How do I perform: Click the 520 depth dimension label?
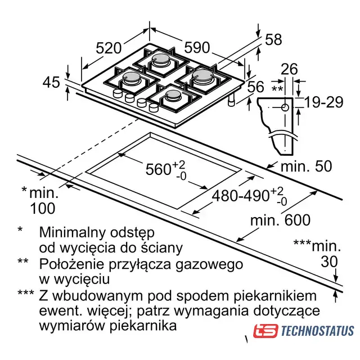click(x=108, y=48)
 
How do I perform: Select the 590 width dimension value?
click(x=197, y=47)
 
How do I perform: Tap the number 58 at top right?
click(x=273, y=39)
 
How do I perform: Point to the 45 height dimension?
click(x=51, y=82)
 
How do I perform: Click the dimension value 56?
click(x=256, y=87)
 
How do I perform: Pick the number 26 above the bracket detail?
click(x=289, y=69)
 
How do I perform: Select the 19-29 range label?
click(x=324, y=102)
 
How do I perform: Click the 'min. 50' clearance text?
click(x=306, y=166)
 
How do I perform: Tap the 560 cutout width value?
click(x=158, y=169)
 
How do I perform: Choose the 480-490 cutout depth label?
click(x=240, y=196)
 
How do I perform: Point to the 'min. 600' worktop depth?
click(x=280, y=220)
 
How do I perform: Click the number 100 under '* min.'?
click(x=43, y=208)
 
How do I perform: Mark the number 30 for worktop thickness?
click(x=329, y=262)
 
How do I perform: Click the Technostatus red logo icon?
click(x=265, y=331)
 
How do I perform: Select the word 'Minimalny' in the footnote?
click(x=74, y=232)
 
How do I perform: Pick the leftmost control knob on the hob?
click(x=118, y=93)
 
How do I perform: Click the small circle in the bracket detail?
click(x=285, y=107)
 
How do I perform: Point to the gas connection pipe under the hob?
click(x=231, y=101)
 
